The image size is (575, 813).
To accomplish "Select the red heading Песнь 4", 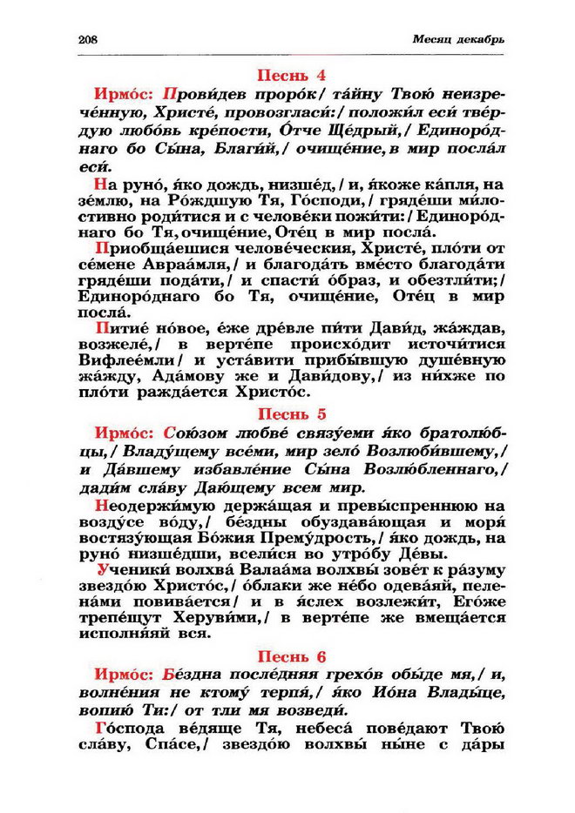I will point(287,75).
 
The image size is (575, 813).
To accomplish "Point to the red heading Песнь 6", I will point(287,656).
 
